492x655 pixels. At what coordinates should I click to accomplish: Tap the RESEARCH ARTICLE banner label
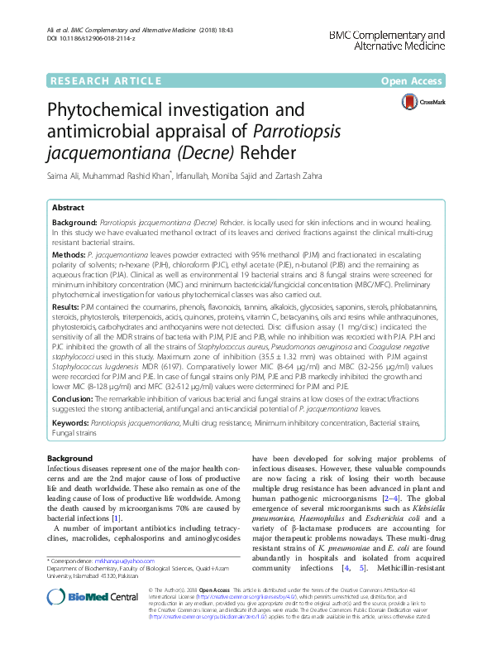coord(104,80)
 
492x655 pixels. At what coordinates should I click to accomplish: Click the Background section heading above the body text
coord(69,458)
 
